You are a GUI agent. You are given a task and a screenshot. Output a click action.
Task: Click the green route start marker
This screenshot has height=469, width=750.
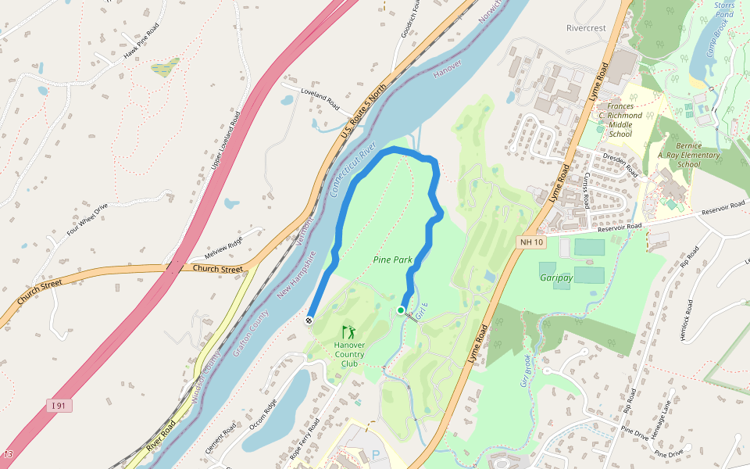tap(401, 310)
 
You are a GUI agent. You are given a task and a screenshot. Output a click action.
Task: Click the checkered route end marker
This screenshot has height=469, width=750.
tap(309, 319)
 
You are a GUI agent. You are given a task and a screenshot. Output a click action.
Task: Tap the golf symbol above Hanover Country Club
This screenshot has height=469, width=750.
tap(348, 332)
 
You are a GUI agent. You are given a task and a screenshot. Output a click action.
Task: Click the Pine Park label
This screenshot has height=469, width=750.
tap(392, 260)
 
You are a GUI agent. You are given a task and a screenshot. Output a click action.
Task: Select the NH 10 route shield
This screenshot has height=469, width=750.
tap(530, 243)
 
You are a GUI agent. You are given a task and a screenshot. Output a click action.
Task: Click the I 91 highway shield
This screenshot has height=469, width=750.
tap(58, 405)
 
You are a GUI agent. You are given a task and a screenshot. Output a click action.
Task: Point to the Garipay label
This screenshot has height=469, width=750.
tap(556, 277)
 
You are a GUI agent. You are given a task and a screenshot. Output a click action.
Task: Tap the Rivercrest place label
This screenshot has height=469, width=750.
tap(586, 28)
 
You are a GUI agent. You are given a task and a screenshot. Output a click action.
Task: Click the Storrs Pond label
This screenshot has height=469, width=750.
tap(724, 9)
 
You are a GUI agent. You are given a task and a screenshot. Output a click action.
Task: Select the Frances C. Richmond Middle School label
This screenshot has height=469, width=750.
tap(624, 120)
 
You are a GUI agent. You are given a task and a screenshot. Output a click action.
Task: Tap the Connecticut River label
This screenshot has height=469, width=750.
tap(353, 169)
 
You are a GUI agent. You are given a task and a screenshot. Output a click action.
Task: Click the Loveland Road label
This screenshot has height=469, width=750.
tap(320, 98)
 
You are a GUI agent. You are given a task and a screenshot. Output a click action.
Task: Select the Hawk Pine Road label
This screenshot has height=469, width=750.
tap(141, 45)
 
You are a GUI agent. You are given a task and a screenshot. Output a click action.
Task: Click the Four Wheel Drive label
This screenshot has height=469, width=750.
tap(87, 220)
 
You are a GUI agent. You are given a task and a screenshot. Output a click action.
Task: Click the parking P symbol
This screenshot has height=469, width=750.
tap(376, 454)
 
